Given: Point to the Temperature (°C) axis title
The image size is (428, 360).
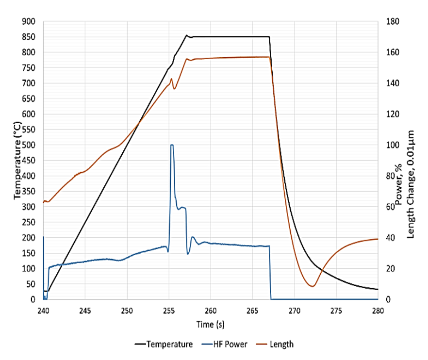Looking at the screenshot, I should [17, 161].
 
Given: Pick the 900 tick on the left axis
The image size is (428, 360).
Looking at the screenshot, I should [30, 21].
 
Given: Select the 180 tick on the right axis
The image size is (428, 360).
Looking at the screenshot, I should [392, 21].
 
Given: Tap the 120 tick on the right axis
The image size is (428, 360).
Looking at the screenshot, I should [392, 114].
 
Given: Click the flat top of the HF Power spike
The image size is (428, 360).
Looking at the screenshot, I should [172, 145].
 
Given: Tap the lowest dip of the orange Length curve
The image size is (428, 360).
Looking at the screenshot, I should [312, 286].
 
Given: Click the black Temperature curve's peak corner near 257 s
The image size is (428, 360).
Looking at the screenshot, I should [186, 35].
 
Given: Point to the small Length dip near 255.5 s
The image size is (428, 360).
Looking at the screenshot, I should [174, 89].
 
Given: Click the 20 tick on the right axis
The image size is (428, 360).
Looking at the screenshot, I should [390, 269].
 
